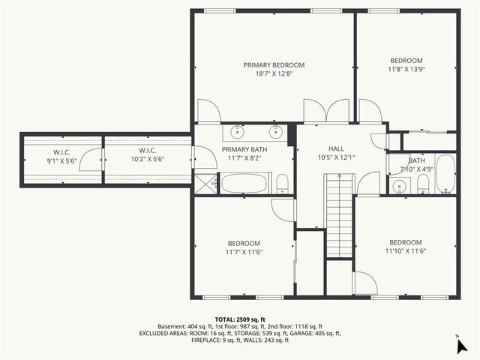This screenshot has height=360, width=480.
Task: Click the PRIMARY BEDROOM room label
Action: tap(273, 65)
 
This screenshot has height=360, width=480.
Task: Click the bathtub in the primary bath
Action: tap(244, 184)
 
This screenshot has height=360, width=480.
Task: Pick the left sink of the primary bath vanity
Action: tap(237, 133)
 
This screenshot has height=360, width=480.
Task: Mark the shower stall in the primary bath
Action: tap(205, 183)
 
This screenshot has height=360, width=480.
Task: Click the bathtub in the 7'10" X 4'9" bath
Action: tap(445, 175)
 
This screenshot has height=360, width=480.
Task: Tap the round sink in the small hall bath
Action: tap(397, 187)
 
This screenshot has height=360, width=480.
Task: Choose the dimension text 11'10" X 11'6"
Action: tap(406, 251)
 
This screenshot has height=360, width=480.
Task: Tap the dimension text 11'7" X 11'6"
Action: tap(244, 252)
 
